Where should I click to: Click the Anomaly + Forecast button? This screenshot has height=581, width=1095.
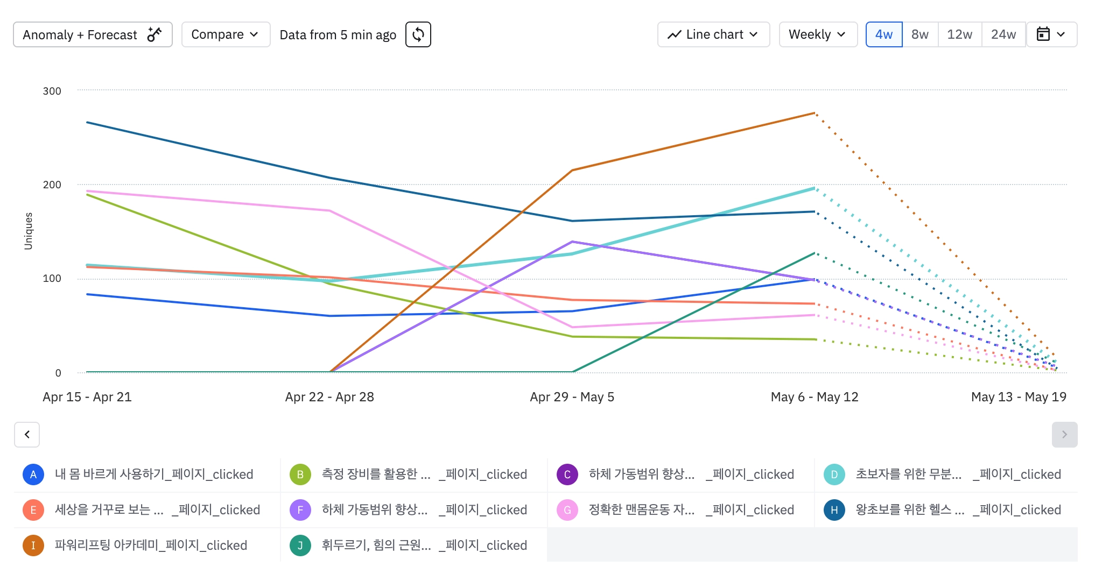click(x=93, y=34)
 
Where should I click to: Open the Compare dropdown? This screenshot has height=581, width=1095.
click(x=226, y=34)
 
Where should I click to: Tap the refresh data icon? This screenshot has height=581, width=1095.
click(x=418, y=34)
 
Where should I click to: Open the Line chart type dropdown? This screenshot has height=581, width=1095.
click(x=713, y=34)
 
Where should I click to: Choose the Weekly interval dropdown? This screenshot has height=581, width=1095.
click(x=818, y=34)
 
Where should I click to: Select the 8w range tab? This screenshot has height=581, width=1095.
click(x=920, y=34)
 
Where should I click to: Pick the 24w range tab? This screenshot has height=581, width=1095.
click(x=1003, y=34)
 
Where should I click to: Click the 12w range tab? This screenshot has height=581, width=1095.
click(x=960, y=34)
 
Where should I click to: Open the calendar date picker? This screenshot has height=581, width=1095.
click(x=1051, y=34)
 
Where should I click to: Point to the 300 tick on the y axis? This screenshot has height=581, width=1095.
click(x=52, y=91)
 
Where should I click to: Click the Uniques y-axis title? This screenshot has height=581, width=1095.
click(x=29, y=231)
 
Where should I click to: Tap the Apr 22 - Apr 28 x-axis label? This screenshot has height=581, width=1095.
click(x=329, y=397)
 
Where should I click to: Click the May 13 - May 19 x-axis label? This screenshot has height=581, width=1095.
click(x=1019, y=397)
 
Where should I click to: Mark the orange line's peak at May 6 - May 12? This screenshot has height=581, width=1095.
click(x=815, y=113)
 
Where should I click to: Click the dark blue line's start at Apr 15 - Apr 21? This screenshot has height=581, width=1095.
click(x=87, y=123)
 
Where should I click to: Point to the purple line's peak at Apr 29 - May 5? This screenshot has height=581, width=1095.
click(x=573, y=242)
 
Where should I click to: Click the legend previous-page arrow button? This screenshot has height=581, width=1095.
click(x=27, y=435)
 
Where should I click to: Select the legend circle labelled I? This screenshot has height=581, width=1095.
click(x=33, y=545)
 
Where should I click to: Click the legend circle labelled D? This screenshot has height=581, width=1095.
click(x=834, y=474)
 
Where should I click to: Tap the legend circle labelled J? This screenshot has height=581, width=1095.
click(x=300, y=545)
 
